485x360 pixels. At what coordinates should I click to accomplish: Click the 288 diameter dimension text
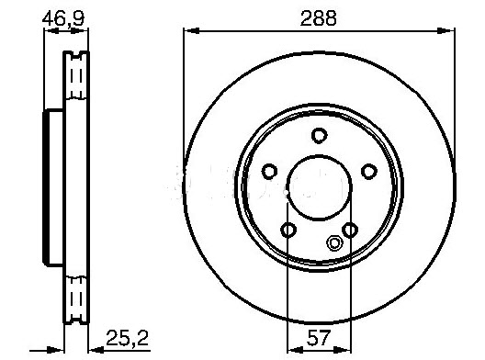click(x=319, y=16)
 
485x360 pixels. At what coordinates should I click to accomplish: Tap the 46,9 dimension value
click(x=62, y=16)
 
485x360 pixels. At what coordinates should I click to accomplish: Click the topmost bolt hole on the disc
click(x=319, y=136)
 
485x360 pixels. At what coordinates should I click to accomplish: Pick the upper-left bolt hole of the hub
click(x=270, y=171)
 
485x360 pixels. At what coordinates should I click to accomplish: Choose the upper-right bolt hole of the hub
click(x=368, y=171)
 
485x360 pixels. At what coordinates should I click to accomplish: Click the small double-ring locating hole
click(x=334, y=243)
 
